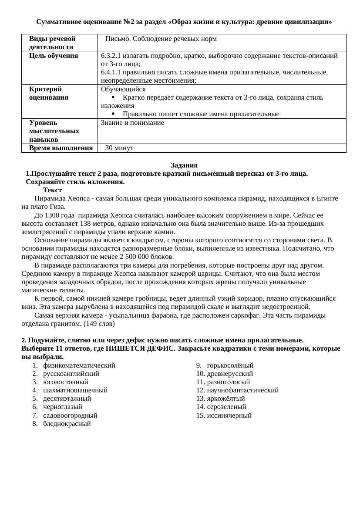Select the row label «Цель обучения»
54,56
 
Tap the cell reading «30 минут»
119,148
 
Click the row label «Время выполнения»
61,148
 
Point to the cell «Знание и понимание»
132,123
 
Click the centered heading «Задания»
184,165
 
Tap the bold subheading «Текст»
52,190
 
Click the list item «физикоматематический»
79,365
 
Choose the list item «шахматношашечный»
75,390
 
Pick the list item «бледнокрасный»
67,424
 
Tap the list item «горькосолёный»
230,365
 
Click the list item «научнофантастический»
242,390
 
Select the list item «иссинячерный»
229,415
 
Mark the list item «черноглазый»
62,407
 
